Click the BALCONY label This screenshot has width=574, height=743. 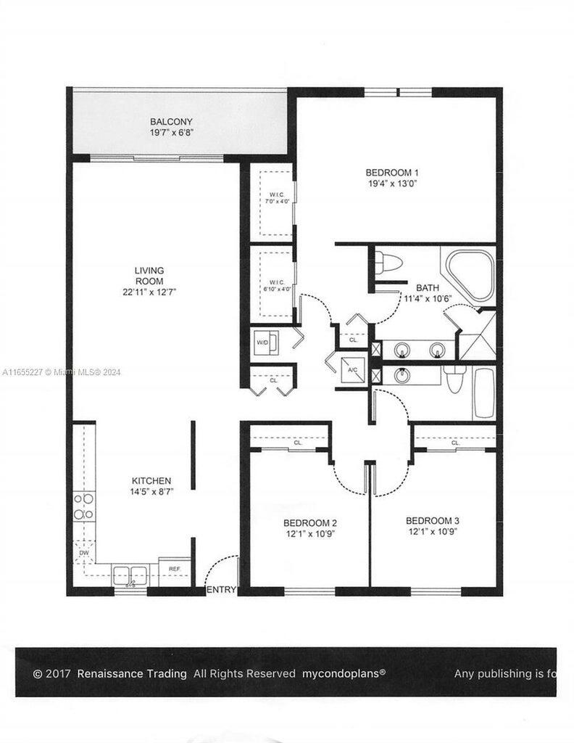[x=172, y=122]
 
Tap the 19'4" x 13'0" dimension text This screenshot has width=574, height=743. [x=392, y=184]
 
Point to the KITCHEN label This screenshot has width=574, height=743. [x=151, y=481]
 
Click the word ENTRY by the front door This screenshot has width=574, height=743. [x=221, y=590]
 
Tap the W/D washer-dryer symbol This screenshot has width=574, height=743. [x=262, y=342]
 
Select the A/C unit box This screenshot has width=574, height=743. [x=354, y=369]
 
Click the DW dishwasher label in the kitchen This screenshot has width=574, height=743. [x=84, y=553]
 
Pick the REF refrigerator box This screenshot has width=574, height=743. [x=175, y=568]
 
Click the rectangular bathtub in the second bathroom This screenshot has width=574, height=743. [x=484, y=393]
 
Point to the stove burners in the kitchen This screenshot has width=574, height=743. [x=84, y=506]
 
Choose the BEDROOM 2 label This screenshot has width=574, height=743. [x=309, y=523]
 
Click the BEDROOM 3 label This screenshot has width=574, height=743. [x=432, y=521]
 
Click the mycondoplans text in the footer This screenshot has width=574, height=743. [x=344, y=673]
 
